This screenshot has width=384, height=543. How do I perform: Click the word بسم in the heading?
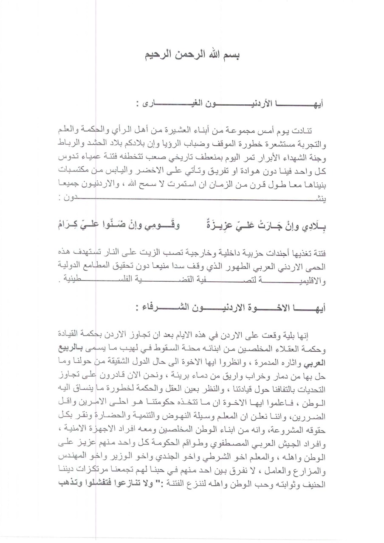click(x=230, y=56)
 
